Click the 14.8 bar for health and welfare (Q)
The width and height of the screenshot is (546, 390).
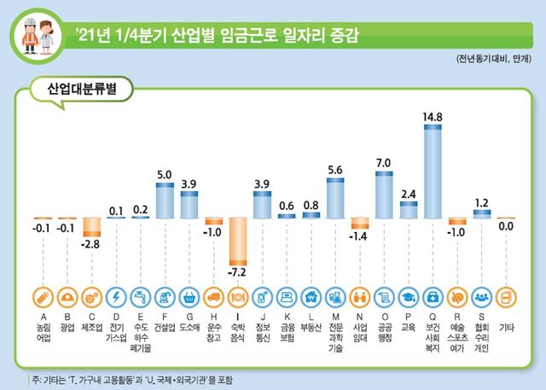pos(433,171)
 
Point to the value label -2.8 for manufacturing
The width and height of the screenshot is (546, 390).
pos(91,246)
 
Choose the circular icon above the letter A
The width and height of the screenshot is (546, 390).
pos(43,297)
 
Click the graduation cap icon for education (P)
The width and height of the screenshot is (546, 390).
pos(409,297)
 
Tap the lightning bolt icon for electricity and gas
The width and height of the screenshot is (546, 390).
pos(116,297)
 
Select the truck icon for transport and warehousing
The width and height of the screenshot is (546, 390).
pos(213,297)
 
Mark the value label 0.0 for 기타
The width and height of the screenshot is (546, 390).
pos(506,227)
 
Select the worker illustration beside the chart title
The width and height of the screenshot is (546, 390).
pos(38,35)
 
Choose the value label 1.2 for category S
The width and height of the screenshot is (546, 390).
pos(482,202)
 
